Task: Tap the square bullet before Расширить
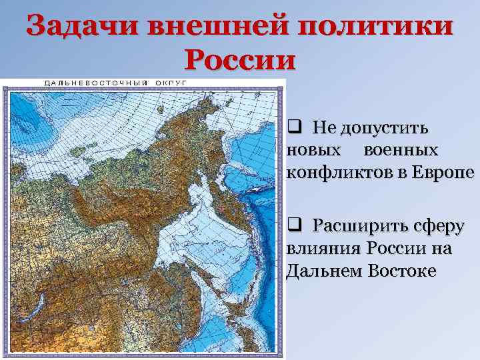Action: point(294,224)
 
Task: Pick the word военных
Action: point(401,150)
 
